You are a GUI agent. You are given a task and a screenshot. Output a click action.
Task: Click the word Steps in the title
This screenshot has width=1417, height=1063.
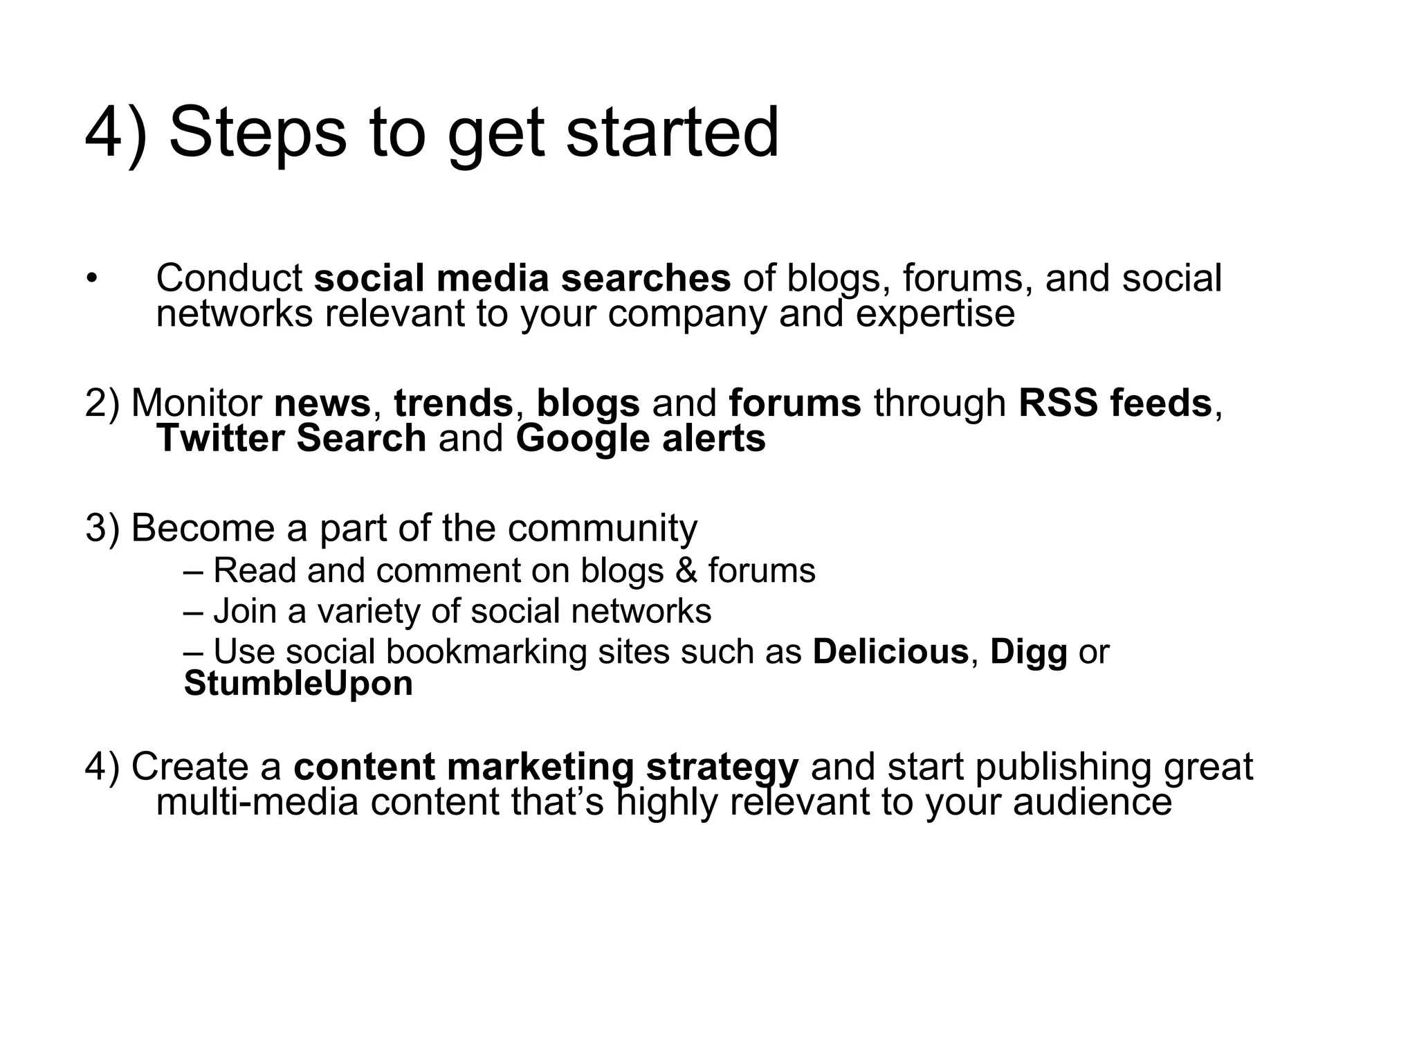257,133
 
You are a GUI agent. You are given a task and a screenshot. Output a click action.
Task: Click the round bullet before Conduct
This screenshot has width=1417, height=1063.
93,279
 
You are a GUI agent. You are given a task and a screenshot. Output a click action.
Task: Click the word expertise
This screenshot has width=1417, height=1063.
935,314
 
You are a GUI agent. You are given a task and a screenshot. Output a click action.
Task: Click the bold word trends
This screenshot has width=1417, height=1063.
453,403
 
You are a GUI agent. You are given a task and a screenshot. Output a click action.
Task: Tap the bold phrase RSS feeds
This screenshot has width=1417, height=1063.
1115,403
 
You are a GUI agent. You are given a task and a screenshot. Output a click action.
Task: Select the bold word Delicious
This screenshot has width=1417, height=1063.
890,652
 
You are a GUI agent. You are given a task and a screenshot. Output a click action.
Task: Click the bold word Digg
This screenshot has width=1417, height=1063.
1028,652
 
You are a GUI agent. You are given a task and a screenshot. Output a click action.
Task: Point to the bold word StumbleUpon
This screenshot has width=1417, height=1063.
298,684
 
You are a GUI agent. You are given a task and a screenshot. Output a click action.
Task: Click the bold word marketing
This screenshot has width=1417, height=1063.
540,767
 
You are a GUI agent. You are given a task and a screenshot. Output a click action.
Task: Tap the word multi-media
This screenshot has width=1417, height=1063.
257,803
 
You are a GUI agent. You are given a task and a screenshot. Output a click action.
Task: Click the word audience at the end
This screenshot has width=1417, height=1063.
1093,803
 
